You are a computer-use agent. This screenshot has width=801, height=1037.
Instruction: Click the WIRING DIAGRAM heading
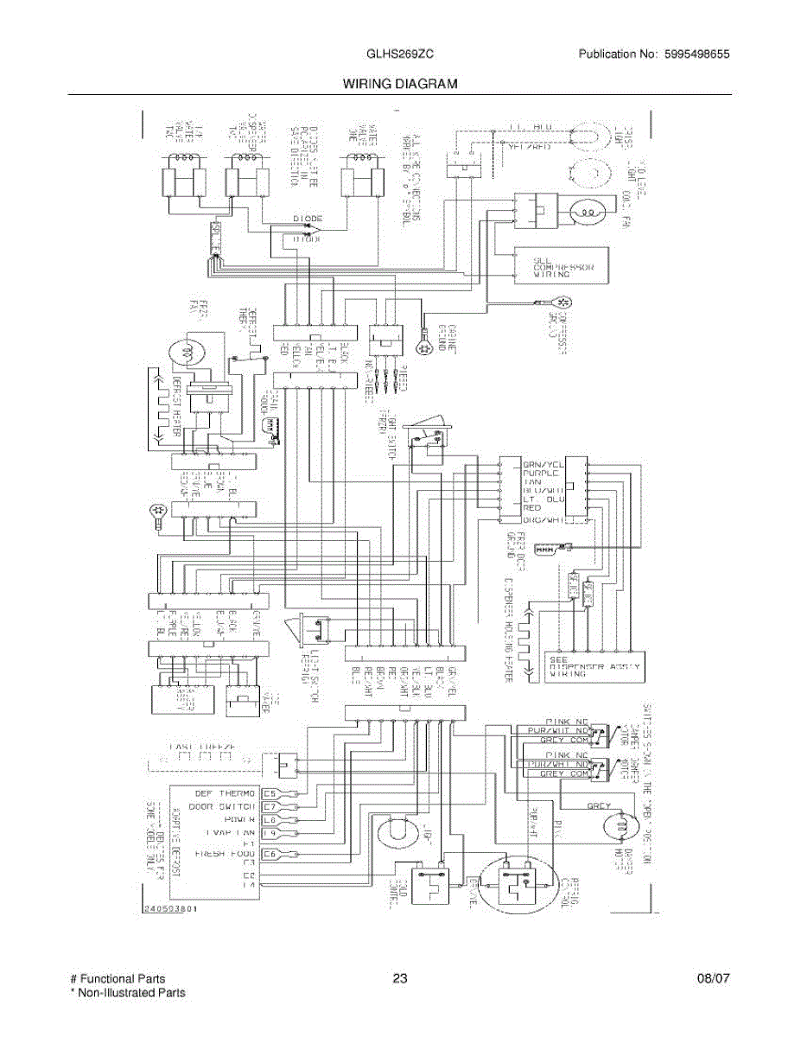(399, 84)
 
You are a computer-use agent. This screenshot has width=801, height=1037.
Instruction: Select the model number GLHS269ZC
(399, 54)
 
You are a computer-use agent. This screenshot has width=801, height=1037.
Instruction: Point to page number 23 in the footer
(399, 978)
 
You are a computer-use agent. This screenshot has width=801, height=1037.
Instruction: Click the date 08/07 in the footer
(714, 978)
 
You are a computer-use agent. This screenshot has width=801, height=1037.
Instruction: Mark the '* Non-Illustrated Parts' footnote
(127, 993)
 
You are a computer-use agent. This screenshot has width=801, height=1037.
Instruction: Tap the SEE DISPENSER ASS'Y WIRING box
(594, 668)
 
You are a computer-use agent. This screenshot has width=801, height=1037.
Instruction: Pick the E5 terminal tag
(270, 792)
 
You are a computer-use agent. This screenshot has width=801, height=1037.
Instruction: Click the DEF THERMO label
(225, 792)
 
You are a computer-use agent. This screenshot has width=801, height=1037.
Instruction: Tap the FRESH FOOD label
(221, 853)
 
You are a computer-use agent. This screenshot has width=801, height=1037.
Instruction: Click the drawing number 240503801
(173, 909)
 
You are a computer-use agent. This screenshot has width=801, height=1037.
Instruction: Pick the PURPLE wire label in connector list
(542, 474)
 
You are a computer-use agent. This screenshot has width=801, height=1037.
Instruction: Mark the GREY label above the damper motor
(600, 806)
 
